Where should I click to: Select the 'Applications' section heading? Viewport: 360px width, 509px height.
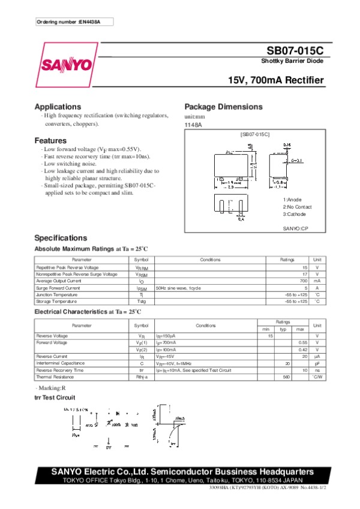(58, 106)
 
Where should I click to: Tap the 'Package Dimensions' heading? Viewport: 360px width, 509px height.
(223, 107)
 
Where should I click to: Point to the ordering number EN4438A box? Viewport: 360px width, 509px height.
(74, 22)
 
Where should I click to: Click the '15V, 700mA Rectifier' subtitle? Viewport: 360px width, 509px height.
(276, 80)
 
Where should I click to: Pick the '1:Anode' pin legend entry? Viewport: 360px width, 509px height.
(292, 199)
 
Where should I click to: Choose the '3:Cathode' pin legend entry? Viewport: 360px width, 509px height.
(295, 213)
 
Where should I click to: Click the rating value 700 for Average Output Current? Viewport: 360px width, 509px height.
(304, 281)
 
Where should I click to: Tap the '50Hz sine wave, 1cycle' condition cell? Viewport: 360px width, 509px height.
(178, 288)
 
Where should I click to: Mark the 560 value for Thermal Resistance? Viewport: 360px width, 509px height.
(287, 377)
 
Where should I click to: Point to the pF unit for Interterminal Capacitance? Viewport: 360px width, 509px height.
(317, 363)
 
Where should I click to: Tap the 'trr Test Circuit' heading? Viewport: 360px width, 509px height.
(55, 397)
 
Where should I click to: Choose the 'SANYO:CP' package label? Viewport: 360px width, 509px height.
(295, 228)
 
